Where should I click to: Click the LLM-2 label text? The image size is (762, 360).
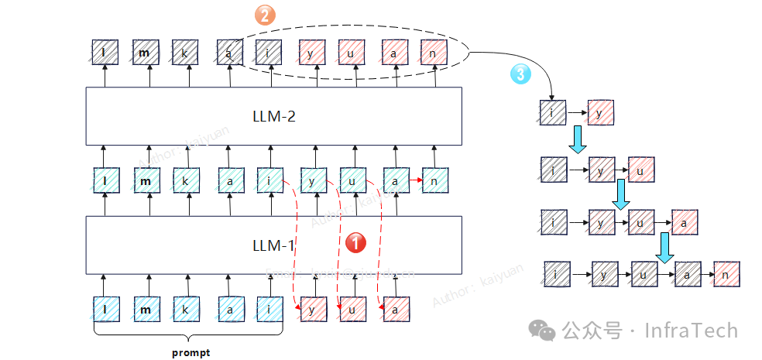click(x=274, y=117)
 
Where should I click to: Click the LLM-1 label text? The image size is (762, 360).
click(x=274, y=246)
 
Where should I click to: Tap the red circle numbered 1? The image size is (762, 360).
click(x=355, y=242)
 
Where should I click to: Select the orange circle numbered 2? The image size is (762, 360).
click(x=266, y=15)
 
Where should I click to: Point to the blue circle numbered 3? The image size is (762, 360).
click(x=520, y=74)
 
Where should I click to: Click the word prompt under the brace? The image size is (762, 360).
click(x=190, y=352)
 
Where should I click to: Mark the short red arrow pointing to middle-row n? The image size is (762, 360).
click(x=414, y=180)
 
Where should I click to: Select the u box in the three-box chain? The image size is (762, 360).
click(x=640, y=167)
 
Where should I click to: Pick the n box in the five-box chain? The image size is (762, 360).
click(x=726, y=274)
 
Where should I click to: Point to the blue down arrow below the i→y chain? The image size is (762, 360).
click(x=578, y=140)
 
